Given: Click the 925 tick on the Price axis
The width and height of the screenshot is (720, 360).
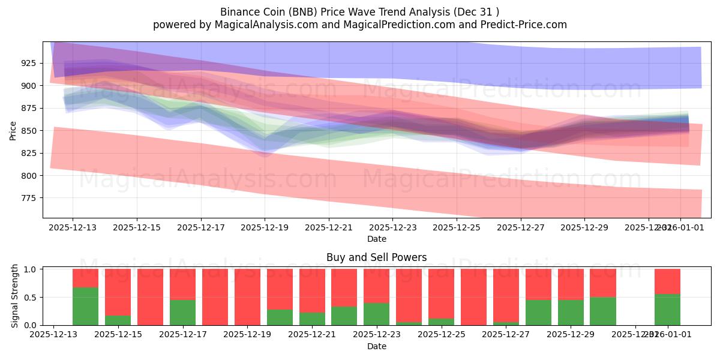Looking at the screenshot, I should [x=29, y=63].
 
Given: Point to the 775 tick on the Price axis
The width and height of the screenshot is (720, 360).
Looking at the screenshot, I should [x=29, y=198].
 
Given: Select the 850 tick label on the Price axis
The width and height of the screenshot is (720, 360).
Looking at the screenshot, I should [x=29, y=131].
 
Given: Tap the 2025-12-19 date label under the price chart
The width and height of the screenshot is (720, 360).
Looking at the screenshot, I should [x=265, y=227].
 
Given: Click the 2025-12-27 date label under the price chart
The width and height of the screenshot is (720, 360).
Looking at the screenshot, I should [x=521, y=227].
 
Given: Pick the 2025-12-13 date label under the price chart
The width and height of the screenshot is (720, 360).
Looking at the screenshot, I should [x=73, y=227].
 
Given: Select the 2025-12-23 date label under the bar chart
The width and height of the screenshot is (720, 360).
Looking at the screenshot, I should [x=376, y=335].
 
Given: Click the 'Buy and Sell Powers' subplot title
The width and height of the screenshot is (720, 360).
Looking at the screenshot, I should [x=376, y=257].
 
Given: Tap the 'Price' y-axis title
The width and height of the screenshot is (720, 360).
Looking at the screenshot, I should [x=13, y=130].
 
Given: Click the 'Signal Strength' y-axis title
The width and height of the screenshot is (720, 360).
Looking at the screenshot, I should [x=15, y=296].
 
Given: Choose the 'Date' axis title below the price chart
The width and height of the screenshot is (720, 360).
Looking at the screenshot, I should [x=376, y=239].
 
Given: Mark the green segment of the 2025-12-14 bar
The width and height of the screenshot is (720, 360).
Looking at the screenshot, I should [x=85, y=307].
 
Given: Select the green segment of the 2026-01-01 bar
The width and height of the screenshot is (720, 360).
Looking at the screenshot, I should [x=667, y=310].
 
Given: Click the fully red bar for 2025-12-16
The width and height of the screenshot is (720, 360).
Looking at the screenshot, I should [x=150, y=297].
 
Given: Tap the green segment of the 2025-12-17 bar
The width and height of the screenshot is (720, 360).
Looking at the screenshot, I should [x=182, y=313].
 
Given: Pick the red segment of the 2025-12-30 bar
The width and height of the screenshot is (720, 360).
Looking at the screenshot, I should [x=602, y=283].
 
